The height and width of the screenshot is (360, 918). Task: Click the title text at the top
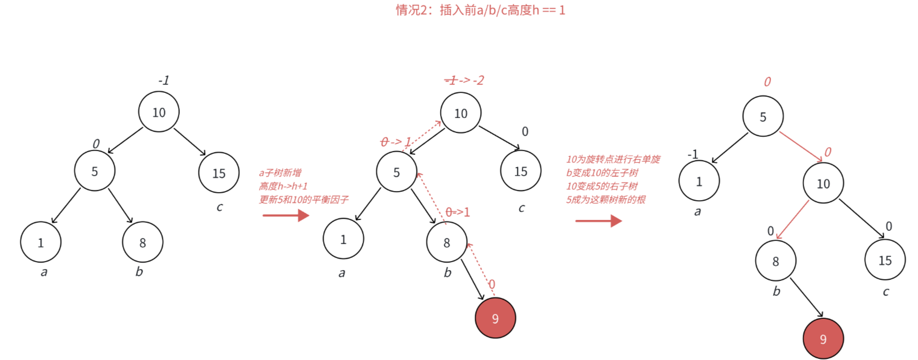click(480, 10)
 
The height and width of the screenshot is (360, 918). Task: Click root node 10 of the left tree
click(159, 112)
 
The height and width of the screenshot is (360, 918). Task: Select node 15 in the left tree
click(218, 173)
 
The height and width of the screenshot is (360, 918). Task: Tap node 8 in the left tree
click(143, 242)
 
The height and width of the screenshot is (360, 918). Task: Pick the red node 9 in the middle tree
click(495, 318)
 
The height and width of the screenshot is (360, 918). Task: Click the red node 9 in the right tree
click(823, 339)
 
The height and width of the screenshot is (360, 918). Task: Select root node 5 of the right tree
click(763, 116)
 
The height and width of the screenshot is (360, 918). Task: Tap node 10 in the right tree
click(823, 184)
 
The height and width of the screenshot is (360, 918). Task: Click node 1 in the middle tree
click(343, 239)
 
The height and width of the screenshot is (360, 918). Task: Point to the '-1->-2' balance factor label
click(464, 81)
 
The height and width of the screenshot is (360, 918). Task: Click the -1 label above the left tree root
click(163, 81)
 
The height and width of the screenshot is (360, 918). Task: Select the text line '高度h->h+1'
click(283, 186)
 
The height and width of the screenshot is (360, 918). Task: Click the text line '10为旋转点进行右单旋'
click(613, 159)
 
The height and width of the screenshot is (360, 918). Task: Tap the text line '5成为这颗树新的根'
click(606, 199)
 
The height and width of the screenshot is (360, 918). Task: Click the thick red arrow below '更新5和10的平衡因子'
click(286, 215)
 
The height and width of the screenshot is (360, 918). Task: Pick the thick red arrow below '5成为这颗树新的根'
click(598, 221)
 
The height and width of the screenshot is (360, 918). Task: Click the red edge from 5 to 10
click(800, 146)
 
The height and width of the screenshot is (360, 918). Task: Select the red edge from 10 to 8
click(793, 219)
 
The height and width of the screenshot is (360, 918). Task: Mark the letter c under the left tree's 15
click(219, 207)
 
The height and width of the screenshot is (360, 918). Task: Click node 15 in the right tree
click(885, 260)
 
